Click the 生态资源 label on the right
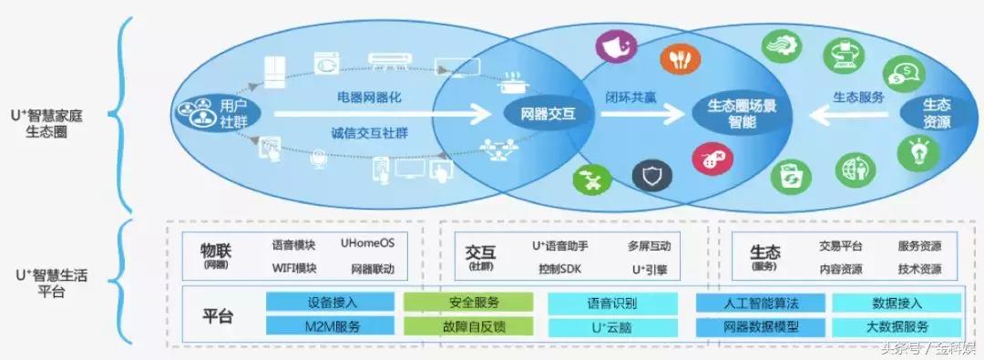[936, 113]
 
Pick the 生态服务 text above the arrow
[858, 96]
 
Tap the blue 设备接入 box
[331, 303]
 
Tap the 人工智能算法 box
[760, 303]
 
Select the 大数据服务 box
[897, 325]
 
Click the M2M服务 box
[331, 325]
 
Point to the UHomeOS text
[367, 244]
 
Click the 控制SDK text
[559, 269]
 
